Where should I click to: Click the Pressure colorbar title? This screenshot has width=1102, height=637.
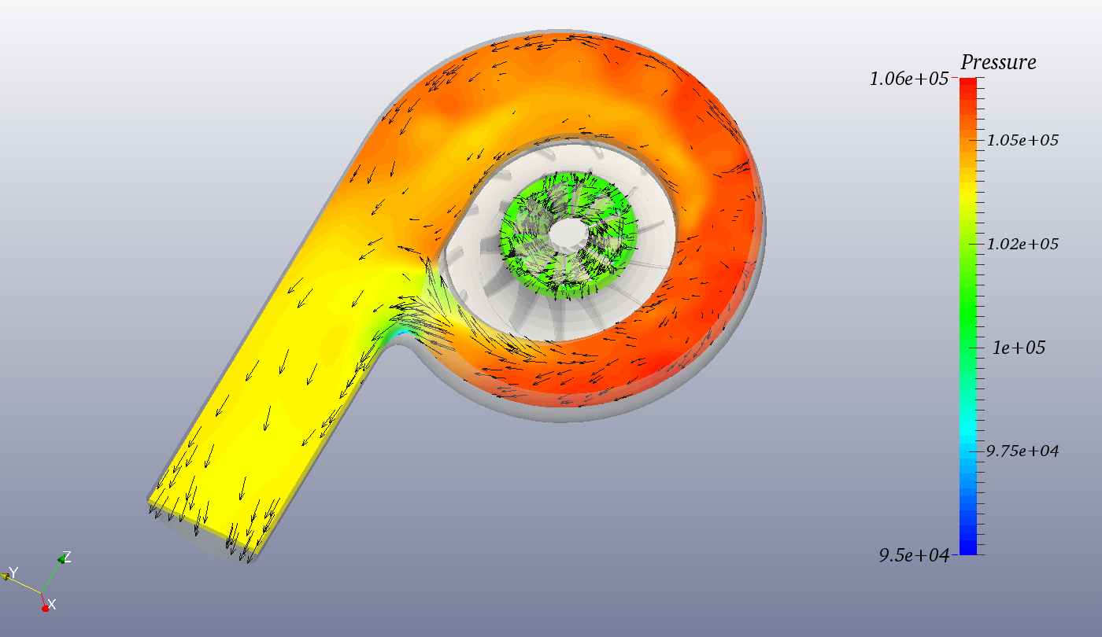click(998, 63)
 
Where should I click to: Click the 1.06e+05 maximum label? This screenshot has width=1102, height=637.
click(908, 79)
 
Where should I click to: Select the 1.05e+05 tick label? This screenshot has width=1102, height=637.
click(1022, 141)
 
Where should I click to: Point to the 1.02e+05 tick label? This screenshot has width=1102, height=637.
click(1022, 245)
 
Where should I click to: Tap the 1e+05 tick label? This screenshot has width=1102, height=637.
click(1019, 348)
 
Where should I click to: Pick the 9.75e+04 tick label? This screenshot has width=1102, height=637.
click(1022, 451)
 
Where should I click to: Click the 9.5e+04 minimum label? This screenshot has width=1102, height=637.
click(914, 555)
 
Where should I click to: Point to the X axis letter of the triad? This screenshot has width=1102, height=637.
click(52, 604)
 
